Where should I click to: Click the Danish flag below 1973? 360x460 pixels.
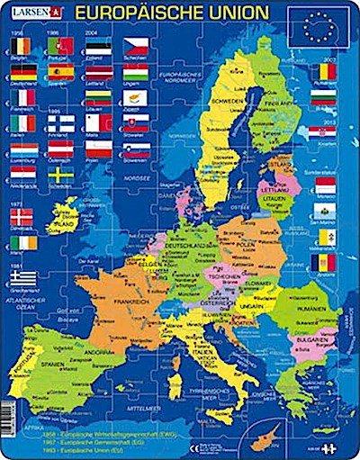(x=22, y=216)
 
